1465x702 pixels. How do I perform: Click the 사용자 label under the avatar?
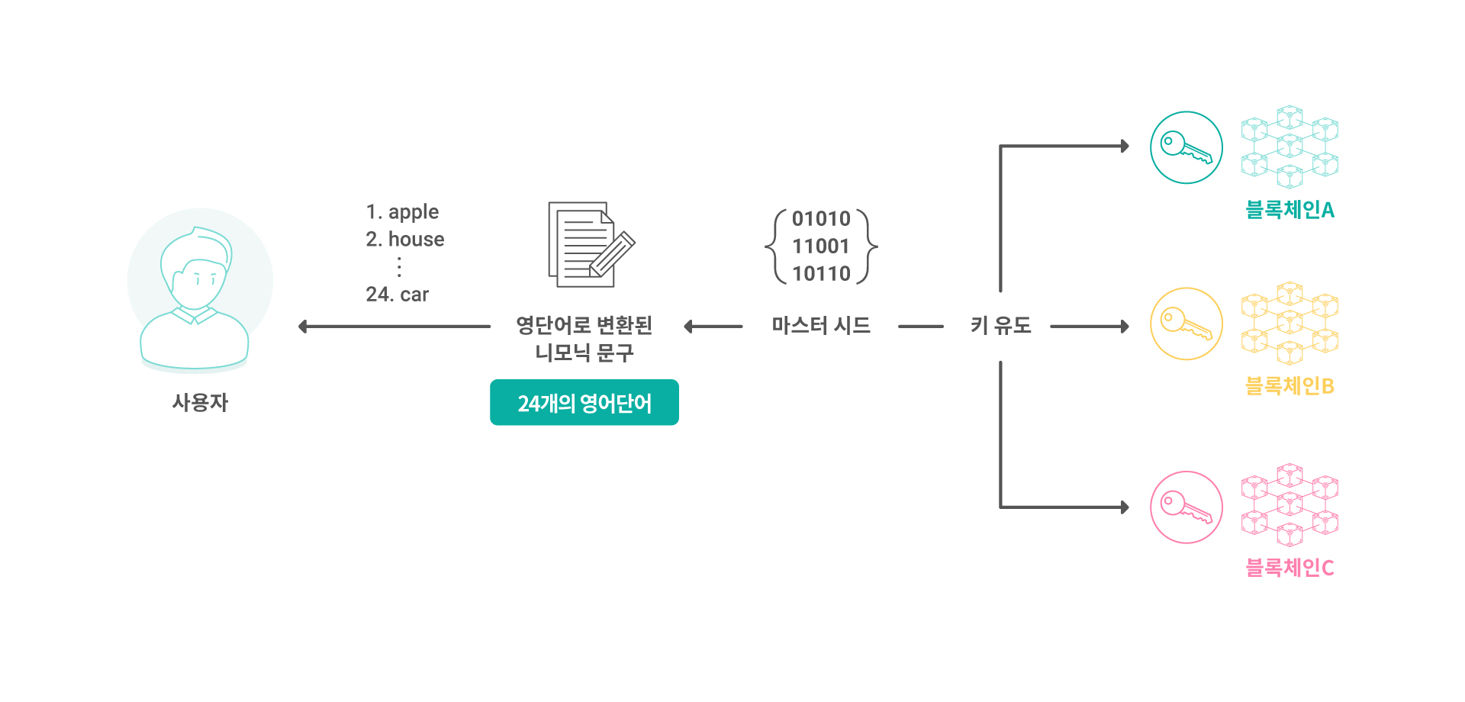click(200, 402)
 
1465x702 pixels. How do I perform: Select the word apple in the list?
click(414, 212)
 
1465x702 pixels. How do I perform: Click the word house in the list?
click(416, 240)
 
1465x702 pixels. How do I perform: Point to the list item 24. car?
click(398, 295)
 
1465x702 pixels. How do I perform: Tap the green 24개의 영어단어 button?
click(584, 402)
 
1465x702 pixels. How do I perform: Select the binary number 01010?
click(821, 219)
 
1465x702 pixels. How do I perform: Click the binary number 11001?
click(821, 246)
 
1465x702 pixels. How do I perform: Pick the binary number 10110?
click(821, 274)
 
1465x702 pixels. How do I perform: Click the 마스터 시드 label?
click(821, 326)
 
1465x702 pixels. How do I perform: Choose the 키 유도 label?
click(1001, 326)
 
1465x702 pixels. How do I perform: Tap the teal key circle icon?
click(1186, 147)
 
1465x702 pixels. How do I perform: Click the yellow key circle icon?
click(1186, 324)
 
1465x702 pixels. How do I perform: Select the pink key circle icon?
click(1186, 507)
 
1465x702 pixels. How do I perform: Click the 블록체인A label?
click(1290, 210)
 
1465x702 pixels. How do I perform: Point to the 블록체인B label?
click(1290, 386)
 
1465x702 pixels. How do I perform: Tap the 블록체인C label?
click(1290, 568)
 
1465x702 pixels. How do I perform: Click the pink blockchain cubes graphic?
click(1290, 505)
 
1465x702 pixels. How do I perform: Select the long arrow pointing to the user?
click(394, 327)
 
